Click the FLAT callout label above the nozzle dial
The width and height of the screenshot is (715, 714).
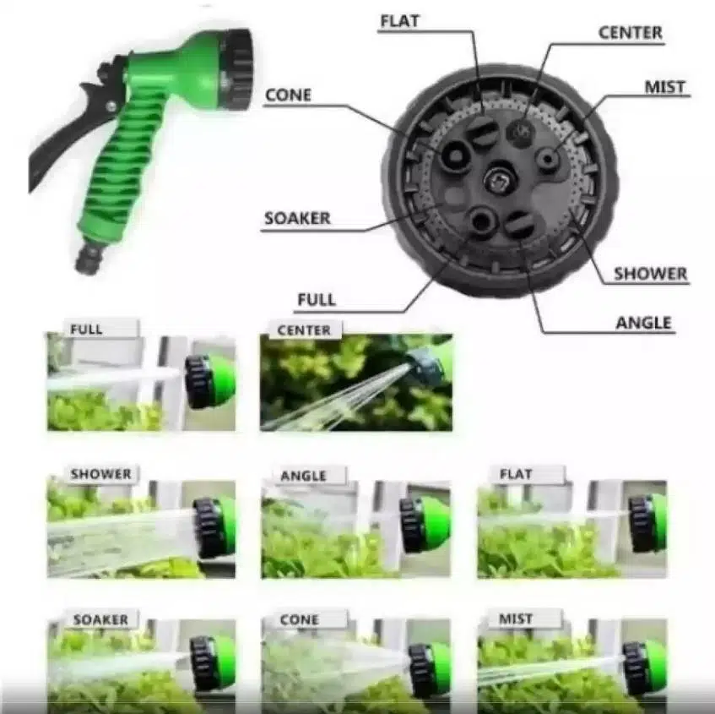point(399,22)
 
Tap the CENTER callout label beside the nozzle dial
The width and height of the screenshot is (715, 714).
point(631,33)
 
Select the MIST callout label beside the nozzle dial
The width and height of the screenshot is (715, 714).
point(665,87)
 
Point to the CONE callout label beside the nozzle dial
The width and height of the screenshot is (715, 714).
point(288,95)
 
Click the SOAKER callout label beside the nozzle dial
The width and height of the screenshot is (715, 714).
point(297,218)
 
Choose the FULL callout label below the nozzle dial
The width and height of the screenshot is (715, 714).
point(317,299)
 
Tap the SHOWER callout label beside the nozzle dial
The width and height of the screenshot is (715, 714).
point(650,274)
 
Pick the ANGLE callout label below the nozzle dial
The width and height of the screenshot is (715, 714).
point(643,324)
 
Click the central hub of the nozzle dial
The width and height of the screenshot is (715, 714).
point(501,179)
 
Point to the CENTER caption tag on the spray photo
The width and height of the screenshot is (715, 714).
point(304,330)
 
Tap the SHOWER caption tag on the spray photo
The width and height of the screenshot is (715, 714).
point(100,474)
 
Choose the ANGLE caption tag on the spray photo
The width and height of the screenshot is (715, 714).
point(303,477)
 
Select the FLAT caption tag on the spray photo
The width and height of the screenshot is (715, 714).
point(516,474)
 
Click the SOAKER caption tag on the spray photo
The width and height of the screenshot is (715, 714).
point(100,619)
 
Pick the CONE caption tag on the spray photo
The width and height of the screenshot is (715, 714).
point(299,619)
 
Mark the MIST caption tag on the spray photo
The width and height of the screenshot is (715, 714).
point(516,619)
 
